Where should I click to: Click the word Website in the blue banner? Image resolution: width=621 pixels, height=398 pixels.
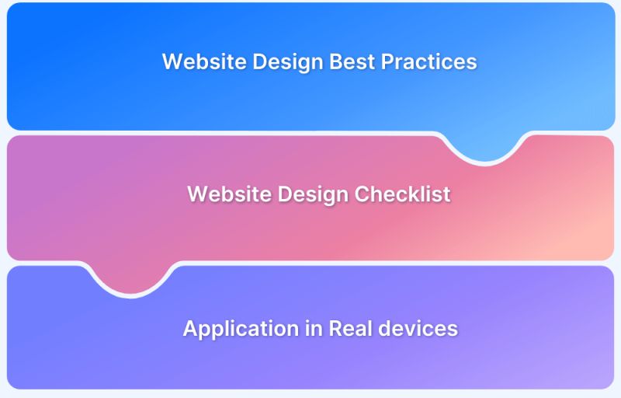[x=199, y=61]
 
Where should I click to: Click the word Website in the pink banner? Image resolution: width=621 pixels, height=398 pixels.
[x=224, y=194]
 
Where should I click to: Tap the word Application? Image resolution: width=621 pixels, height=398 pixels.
[x=231, y=328]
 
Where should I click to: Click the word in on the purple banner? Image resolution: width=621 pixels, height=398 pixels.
[x=293, y=328]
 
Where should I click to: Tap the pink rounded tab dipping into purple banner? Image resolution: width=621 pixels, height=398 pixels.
[x=130, y=278]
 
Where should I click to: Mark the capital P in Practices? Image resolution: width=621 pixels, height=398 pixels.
[x=387, y=61]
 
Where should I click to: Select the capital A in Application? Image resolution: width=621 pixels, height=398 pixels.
[x=190, y=328]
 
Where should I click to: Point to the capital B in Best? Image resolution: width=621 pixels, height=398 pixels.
[x=337, y=61]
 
